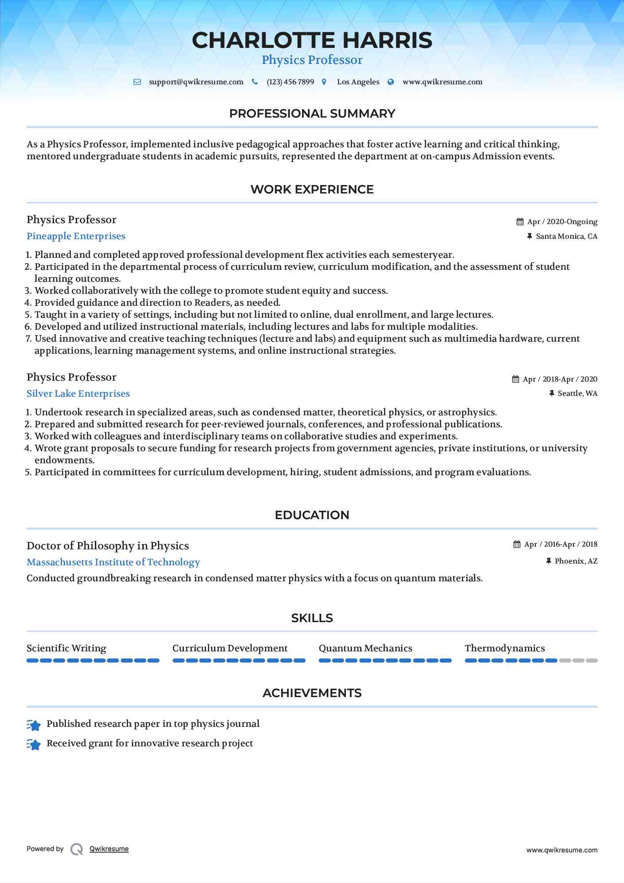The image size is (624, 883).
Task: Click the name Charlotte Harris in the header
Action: tap(312, 40)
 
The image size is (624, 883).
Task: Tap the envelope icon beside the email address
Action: tap(137, 82)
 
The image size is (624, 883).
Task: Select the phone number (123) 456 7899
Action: tap(290, 82)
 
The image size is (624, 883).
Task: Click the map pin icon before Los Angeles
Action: tap(324, 82)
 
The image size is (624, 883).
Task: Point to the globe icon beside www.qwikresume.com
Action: tap(391, 82)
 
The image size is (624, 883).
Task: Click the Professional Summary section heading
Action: tap(312, 114)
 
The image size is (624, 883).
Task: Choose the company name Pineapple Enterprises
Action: tap(76, 236)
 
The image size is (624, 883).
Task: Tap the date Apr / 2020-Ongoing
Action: tap(562, 222)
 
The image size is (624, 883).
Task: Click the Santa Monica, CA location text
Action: tap(566, 237)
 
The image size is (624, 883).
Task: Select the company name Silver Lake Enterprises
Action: tap(78, 394)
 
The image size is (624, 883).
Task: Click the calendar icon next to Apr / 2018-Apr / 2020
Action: tap(515, 379)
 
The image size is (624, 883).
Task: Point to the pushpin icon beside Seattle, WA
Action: tap(552, 394)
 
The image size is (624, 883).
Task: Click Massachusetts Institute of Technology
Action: tap(113, 562)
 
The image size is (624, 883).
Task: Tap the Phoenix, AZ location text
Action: tap(576, 561)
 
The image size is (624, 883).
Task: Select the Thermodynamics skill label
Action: tap(505, 648)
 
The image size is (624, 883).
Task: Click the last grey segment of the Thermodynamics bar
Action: tap(592, 661)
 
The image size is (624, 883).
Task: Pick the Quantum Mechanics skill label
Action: tap(365, 648)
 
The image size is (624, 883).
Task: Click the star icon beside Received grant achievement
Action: tap(34, 744)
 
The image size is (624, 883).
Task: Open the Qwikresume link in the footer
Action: tap(109, 849)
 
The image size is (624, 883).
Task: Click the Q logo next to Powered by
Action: tap(77, 849)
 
